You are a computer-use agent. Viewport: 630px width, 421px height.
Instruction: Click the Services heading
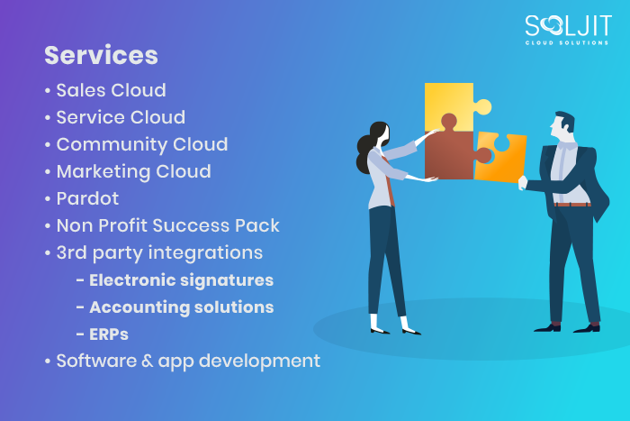coord(101,55)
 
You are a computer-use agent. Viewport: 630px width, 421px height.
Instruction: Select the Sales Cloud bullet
coord(111,90)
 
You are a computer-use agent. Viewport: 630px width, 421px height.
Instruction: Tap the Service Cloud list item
coord(121,117)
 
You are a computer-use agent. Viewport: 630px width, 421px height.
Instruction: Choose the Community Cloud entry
coord(141,144)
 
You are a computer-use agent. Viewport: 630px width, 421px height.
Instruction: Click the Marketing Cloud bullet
coord(133,171)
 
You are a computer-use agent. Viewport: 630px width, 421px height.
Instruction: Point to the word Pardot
coord(87,198)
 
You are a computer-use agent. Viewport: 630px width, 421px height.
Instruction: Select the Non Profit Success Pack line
coord(167,225)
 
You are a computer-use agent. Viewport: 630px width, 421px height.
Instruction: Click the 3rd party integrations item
coord(159,252)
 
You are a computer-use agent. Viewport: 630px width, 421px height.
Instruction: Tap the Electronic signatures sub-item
coord(181,280)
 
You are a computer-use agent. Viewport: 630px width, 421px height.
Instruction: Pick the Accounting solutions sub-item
coord(181,307)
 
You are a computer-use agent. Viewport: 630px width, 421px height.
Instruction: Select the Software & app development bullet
coord(187,362)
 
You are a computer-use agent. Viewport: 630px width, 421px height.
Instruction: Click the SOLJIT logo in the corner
coord(566,29)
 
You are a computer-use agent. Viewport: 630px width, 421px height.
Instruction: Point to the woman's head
coord(379,135)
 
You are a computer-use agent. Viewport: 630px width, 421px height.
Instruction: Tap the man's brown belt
coord(573,205)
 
